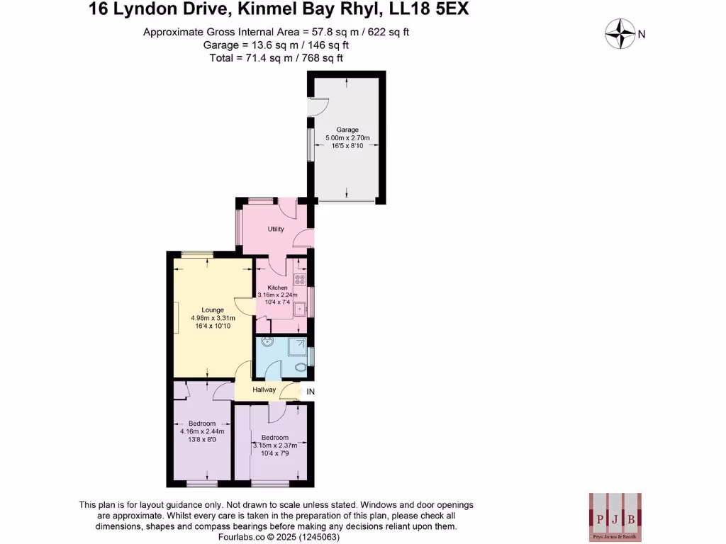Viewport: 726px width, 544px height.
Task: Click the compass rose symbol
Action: [x=620, y=34]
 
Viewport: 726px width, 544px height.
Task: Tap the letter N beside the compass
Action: [x=642, y=34]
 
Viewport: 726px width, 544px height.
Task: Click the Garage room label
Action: [x=347, y=130]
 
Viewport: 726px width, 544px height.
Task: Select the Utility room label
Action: [x=276, y=229]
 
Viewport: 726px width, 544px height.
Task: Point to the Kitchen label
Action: [x=277, y=288]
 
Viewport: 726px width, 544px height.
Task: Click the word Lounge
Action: [x=213, y=310]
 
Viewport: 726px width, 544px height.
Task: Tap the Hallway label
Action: [x=264, y=390]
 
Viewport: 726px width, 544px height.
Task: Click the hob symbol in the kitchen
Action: [x=299, y=278]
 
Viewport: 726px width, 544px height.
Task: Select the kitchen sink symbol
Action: [x=301, y=308]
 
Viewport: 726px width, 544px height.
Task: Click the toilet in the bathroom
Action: [x=302, y=367]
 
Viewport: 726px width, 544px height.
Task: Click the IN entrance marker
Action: [x=310, y=391]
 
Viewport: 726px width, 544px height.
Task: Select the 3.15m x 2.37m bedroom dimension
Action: [x=274, y=446]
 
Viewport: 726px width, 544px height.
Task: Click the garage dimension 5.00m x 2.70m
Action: [x=347, y=137]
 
